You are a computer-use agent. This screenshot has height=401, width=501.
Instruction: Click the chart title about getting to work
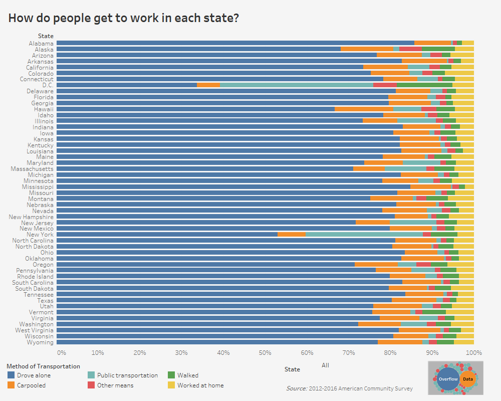pos(123,19)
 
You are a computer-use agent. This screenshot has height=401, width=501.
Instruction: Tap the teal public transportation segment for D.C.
pos(297,85)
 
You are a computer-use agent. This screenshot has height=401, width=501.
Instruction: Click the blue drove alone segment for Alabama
pos(235,43)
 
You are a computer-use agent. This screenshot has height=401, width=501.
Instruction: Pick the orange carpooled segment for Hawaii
pos(364,109)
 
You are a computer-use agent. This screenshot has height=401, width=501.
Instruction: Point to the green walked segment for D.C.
pos(424,85)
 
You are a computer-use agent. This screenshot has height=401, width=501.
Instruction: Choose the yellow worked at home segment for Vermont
pos(459,312)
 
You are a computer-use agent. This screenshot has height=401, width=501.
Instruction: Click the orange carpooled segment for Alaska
pos(367,49)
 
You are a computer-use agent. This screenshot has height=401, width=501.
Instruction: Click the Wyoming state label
pos(40,342)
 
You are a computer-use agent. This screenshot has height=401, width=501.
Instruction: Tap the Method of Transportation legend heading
pos(44,366)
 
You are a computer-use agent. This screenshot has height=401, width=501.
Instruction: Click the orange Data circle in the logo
pos(467,379)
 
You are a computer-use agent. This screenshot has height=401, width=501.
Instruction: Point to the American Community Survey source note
pos(349,388)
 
